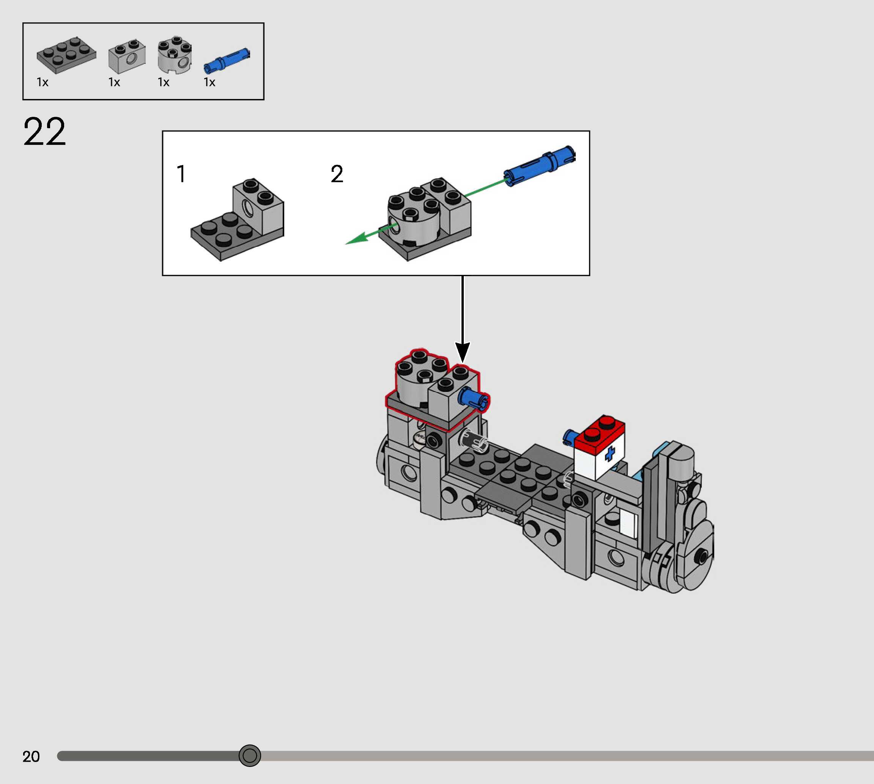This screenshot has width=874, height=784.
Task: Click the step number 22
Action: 44,132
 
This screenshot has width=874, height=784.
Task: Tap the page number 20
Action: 31,757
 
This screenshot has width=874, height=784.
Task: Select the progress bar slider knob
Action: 250,756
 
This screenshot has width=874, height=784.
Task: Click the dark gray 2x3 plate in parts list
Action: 66,55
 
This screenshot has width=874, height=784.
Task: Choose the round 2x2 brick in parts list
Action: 174,55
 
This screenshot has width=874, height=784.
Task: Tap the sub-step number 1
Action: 181,174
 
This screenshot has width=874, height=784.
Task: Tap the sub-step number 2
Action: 337,174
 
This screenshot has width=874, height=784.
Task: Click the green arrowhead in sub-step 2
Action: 356,239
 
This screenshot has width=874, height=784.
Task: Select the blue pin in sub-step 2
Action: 540,165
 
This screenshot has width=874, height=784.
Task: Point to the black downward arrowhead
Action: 463,352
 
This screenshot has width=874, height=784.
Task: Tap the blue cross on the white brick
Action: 609,454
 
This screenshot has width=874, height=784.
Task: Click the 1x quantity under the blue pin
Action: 209,82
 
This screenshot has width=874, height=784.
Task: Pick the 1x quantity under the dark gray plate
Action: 43,82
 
